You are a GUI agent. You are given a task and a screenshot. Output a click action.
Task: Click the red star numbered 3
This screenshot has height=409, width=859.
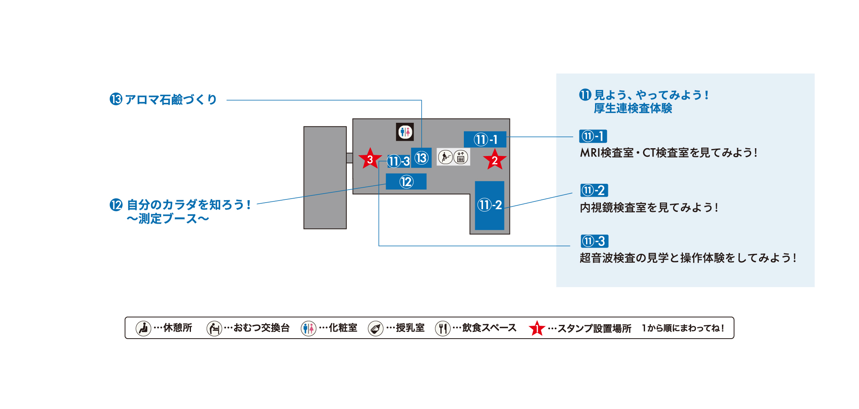click(x=370, y=159)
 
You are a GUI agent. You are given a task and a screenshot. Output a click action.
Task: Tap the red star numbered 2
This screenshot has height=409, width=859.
click(x=495, y=160)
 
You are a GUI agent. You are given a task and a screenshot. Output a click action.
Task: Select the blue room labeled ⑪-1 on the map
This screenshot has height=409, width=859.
click(x=485, y=139)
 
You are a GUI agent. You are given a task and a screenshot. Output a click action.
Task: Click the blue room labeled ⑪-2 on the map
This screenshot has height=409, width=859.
click(x=490, y=205)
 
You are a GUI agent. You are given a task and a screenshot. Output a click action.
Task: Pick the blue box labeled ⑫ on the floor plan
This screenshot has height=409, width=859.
click(x=406, y=182)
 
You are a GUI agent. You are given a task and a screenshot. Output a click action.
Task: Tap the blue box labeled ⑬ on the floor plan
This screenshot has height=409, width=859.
click(x=421, y=158)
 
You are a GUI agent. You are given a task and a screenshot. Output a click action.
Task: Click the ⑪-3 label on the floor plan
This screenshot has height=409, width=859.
click(x=398, y=161)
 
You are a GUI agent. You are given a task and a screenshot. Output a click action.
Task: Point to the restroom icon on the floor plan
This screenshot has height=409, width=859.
click(x=405, y=132)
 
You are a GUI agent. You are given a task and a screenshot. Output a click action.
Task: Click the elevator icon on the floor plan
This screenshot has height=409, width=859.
click(x=461, y=157)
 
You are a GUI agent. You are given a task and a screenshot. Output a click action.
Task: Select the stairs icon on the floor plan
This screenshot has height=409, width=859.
click(x=445, y=157)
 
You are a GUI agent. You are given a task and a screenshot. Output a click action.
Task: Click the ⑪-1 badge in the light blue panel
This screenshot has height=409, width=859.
click(x=593, y=136)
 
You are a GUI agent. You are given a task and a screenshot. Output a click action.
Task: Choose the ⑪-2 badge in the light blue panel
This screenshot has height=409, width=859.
click(x=594, y=190)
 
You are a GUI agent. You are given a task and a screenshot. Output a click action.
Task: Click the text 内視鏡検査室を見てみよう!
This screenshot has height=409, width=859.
click(x=649, y=208)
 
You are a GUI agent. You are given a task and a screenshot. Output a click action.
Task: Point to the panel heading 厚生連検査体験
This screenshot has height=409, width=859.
click(x=633, y=108)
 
